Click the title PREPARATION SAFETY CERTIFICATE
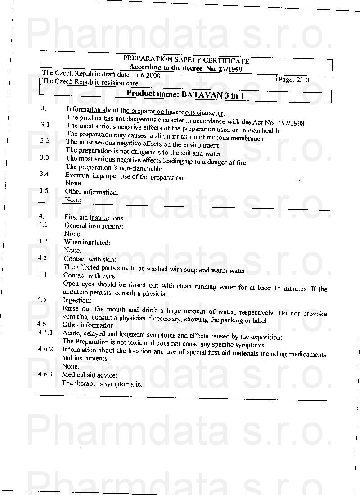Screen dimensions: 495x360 coord(186,60)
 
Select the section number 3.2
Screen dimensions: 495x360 coord(45,141)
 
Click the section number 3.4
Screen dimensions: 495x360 coord(44,174)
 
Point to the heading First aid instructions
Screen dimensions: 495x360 coord(94,218)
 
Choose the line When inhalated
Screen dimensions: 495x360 coord(87,243)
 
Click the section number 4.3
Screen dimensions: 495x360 coord(43,258)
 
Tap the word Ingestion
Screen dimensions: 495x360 coord(77,300)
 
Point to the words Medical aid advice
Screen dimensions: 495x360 coord(90,375)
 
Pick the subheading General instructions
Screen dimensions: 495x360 coord(94,226)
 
